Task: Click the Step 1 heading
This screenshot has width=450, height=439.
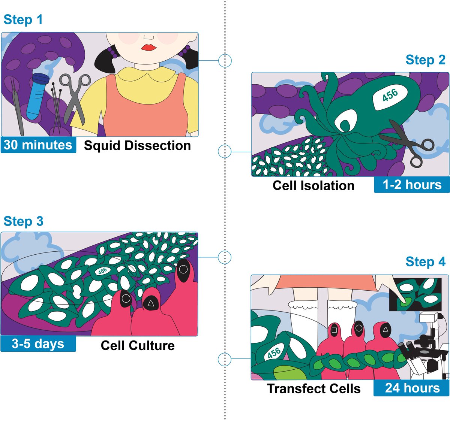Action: tap(23, 19)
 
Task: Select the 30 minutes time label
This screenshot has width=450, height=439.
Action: tap(38, 145)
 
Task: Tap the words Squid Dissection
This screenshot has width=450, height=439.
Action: tap(137, 145)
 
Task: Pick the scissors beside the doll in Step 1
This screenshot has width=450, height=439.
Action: tap(75, 96)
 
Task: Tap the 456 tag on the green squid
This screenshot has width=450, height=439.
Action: tap(390, 95)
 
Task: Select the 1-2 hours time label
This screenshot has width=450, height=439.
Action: tap(412, 185)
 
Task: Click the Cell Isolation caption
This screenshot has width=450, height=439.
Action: tap(313, 185)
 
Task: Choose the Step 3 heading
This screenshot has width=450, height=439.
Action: tap(23, 221)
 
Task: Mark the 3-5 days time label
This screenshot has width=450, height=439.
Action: tap(38, 343)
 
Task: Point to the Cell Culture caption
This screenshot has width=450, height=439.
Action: tap(138, 345)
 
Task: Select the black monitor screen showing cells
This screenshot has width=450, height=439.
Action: tap(415, 294)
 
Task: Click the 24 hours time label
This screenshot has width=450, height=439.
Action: tap(412, 388)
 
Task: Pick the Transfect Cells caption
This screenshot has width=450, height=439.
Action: tap(313, 388)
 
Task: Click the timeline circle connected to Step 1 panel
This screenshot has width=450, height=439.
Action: tap(225, 60)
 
